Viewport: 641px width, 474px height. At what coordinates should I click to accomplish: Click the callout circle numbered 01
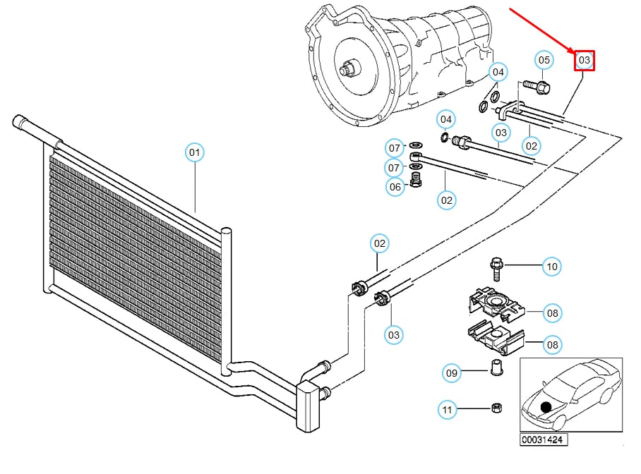point(194,152)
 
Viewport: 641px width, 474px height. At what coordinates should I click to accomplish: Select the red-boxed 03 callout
point(584,61)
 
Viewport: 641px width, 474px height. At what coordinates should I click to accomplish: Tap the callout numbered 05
point(544,61)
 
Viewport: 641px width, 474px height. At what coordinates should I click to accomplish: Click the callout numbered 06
point(395,187)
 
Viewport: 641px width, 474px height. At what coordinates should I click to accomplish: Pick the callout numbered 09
point(452,372)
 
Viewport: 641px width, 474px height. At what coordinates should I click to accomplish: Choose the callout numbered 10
point(552,267)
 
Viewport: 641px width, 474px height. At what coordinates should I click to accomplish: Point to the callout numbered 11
point(446,409)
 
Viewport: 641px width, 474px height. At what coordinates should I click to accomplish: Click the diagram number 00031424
point(544,440)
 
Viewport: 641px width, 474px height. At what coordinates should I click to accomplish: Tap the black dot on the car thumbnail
point(546,407)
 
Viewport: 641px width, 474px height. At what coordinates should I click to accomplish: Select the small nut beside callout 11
point(495,408)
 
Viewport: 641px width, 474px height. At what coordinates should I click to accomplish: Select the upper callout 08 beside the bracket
point(552,312)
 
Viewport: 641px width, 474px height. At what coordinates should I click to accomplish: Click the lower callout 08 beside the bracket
point(552,345)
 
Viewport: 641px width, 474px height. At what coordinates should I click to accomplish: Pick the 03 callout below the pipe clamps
point(394,334)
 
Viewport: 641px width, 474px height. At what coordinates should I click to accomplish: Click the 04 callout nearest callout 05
point(498,72)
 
